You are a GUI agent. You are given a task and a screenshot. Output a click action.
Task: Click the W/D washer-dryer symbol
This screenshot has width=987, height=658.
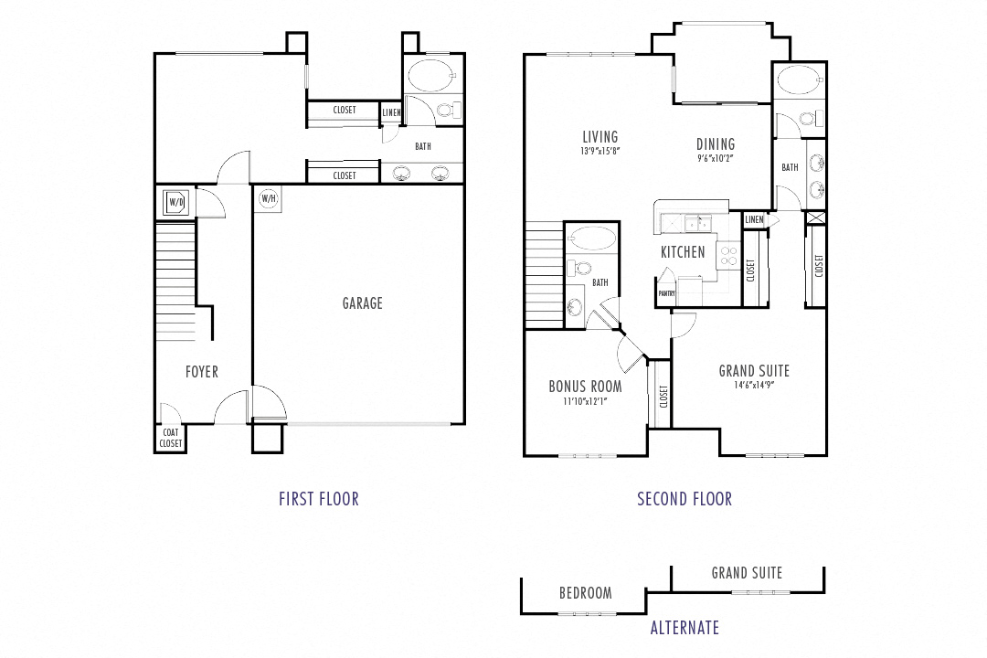pyautogui.click(x=175, y=201)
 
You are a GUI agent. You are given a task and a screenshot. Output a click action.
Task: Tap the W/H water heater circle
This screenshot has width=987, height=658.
pyautogui.click(x=269, y=198)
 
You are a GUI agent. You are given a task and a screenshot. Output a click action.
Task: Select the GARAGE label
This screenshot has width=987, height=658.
pyautogui.click(x=363, y=303)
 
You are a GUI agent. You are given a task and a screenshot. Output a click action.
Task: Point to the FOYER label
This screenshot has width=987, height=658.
pyautogui.click(x=202, y=372)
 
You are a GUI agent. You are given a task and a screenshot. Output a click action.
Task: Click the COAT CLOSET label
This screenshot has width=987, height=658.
pyautogui.click(x=171, y=439)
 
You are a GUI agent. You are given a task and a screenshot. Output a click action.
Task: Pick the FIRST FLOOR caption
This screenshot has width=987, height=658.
pyautogui.click(x=319, y=499)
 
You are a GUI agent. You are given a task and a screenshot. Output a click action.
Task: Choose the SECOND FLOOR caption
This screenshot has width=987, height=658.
pyautogui.click(x=685, y=499)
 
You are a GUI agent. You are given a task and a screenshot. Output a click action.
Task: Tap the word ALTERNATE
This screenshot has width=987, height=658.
pyautogui.click(x=685, y=628)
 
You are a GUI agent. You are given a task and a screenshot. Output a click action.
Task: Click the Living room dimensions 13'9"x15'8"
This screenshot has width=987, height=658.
pyautogui.click(x=600, y=151)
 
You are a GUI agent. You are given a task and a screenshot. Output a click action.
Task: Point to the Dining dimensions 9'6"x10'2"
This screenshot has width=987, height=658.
pyautogui.click(x=715, y=157)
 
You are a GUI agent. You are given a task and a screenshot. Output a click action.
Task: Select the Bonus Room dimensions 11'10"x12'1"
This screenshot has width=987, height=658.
pyautogui.click(x=585, y=400)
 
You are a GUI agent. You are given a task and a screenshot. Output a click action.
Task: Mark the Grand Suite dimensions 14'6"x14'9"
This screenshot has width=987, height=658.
pyautogui.click(x=753, y=385)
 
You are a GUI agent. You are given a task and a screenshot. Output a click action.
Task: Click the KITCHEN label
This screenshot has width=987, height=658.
pyautogui.click(x=683, y=252)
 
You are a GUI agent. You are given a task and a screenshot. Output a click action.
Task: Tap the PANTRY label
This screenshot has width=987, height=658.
pyautogui.click(x=666, y=293)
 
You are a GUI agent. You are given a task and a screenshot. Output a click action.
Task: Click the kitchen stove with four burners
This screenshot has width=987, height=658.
pyautogui.click(x=728, y=255)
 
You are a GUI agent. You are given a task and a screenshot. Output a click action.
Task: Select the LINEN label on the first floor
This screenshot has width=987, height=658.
pyautogui.click(x=391, y=113)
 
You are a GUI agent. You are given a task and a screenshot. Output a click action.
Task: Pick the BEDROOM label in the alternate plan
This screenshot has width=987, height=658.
pyautogui.click(x=586, y=593)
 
